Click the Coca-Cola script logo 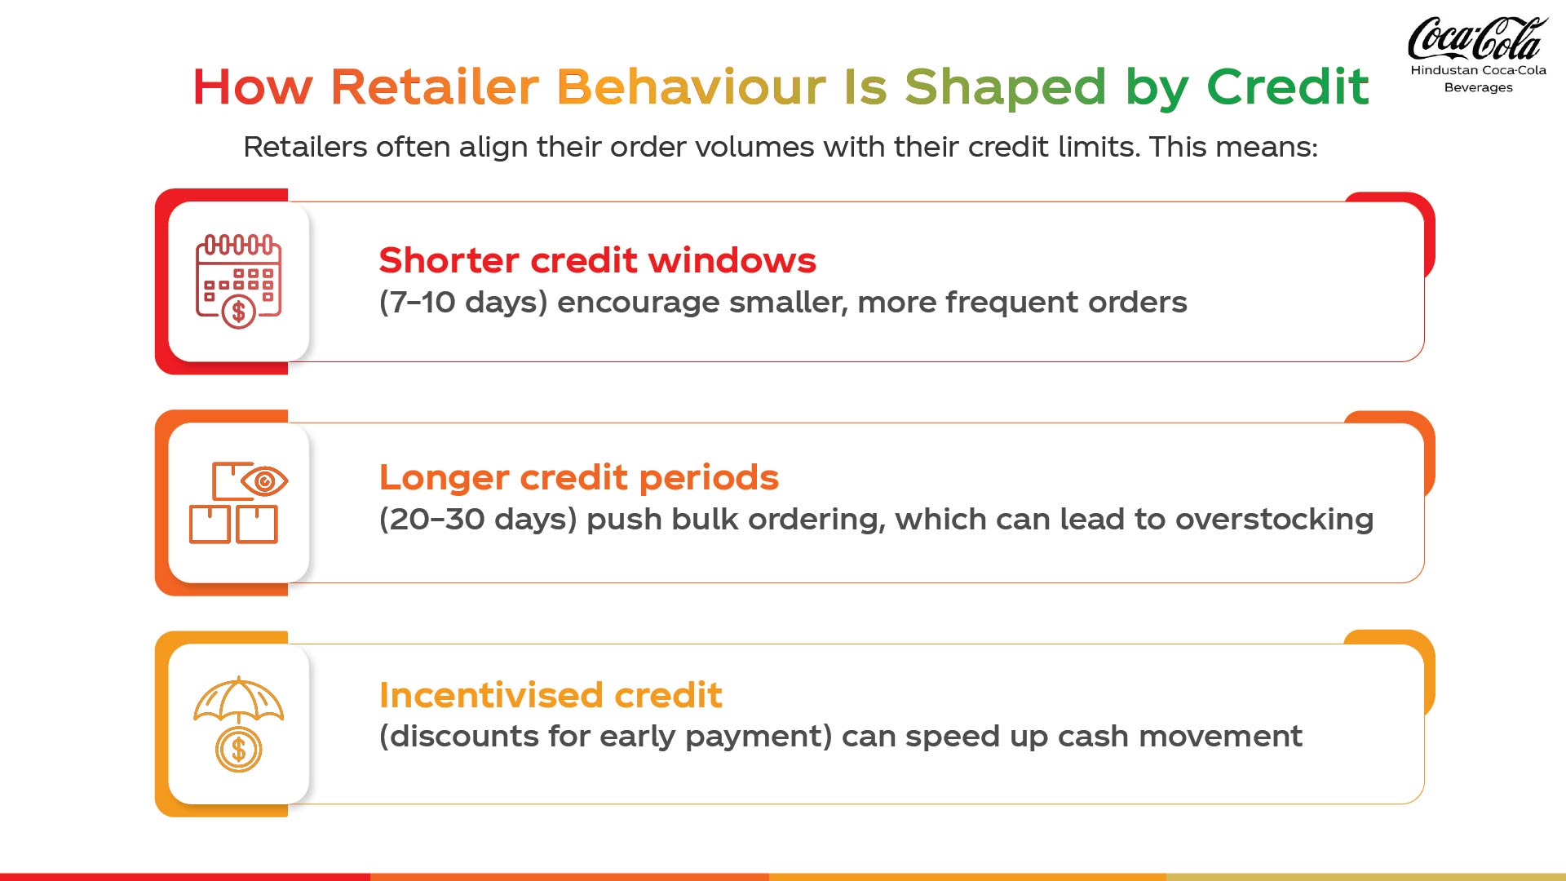pyautogui.click(x=1477, y=38)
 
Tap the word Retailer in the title pyautogui.click(x=434, y=86)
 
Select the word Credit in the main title pyautogui.click(x=1287, y=86)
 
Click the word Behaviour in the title pyautogui.click(x=692, y=86)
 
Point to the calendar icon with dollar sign pyautogui.click(x=238, y=281)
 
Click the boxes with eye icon pyautogui.click(x=238, y=502)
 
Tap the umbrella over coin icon pyautogui.click(x=238, y=724)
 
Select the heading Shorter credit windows pyautogui.click(x=597, y=260)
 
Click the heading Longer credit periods pyautogui.click(x=579, y=478)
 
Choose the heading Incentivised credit pyautogui.click(x=551, y=695)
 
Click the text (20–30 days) pyautogui.click(x=478, y=520)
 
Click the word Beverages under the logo pyautogui.click(x=1478, y=88)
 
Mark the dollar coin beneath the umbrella pyautogui.click(x=238, y=750)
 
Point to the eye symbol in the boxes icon pyautogui.click(x=264, y=481)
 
